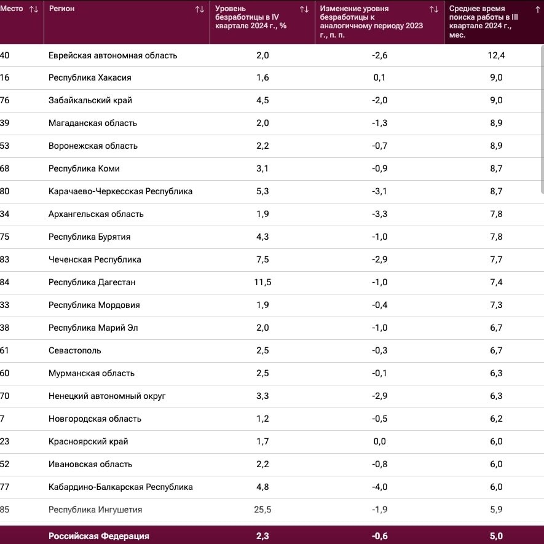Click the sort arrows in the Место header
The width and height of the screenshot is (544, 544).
[x=34, y=9]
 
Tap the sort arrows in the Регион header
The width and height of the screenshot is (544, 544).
[x=200, y=9]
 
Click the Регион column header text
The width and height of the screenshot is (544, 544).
[x=61, y=9]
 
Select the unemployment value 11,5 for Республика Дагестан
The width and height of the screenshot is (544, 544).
[x=262, y=282]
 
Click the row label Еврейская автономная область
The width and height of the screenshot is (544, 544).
[x=112, y=55]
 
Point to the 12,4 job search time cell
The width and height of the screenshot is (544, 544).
[x=496, y=55]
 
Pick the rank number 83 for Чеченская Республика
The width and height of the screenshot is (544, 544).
[x=4, y=259]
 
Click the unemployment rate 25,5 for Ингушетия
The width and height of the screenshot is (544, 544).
[x=262, y=510]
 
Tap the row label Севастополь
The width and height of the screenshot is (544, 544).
[x=74, y=350]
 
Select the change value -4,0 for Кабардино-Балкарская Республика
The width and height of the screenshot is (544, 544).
[x=379, y=487]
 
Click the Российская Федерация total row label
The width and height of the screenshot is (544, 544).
[x=99, y=536]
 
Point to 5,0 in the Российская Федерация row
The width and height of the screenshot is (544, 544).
[x=496, y=536]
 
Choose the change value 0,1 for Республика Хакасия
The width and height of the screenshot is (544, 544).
[x=379, y=77]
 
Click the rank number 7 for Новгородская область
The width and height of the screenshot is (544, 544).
[x=2, y=419]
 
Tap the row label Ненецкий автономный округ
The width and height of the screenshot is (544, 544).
[x=107, y=396]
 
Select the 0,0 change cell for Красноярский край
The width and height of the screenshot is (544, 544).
[x=379, y=441]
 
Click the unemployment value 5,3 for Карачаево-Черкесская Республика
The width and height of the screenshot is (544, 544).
[x=262, y=192]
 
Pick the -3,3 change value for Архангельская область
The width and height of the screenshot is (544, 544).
[x=379, y=214]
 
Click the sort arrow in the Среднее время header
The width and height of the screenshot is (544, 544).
[x=538, y=9]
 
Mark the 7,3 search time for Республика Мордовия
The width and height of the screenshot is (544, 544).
[x=496, y=305]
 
